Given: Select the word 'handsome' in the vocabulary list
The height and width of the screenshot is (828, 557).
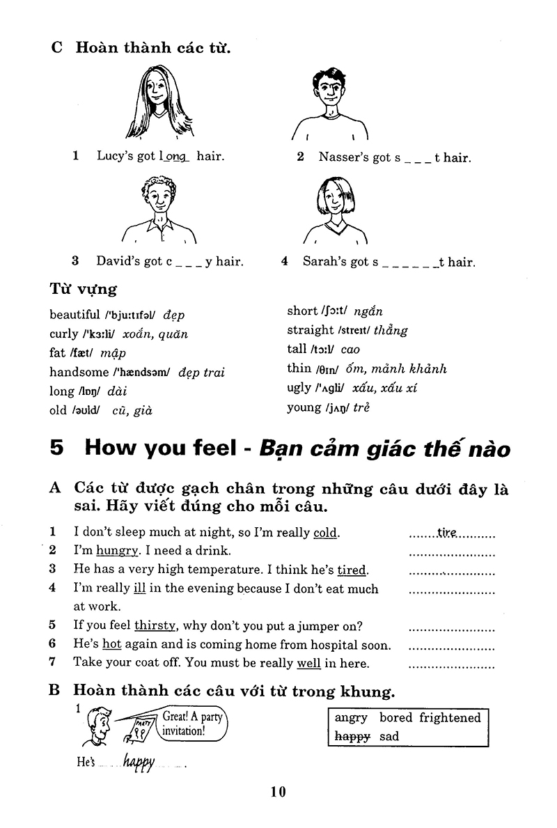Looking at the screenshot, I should [79, 372].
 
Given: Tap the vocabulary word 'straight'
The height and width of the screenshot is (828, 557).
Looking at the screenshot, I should [310, 330].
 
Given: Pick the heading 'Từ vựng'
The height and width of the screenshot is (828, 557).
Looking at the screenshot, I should [83, 288].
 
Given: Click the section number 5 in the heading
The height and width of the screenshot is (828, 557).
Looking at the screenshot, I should [58, 448].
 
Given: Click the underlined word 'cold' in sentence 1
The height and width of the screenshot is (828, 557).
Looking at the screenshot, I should [325, 533].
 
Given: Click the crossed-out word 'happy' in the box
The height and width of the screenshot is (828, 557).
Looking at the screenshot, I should [352, 735].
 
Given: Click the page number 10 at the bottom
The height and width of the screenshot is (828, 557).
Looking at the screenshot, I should [278, 791].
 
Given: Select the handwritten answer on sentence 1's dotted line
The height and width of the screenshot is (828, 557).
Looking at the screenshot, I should [447, 533].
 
